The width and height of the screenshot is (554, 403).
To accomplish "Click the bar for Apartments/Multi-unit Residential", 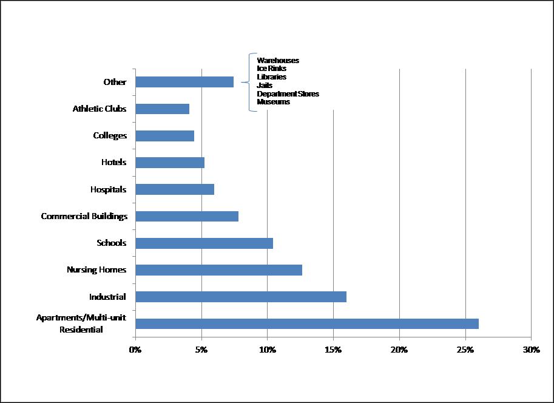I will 307,323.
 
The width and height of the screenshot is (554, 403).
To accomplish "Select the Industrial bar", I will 241,297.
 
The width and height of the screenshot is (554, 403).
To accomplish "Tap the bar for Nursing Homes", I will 218,270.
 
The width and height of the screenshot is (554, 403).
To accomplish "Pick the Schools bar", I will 204,243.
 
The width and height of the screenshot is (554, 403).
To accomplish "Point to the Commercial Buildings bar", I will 187,217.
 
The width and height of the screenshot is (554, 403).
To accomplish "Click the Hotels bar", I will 170,163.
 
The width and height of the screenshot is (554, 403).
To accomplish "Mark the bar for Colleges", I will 164,136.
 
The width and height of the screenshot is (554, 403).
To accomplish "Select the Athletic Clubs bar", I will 162,109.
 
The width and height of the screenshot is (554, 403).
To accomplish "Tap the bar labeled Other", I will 184,82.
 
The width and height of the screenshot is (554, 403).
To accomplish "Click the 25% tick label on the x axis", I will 465,350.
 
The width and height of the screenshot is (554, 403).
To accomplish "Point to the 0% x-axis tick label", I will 135,350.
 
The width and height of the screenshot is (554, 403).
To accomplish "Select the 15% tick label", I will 333,350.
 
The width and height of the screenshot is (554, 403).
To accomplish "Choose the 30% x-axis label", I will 531,350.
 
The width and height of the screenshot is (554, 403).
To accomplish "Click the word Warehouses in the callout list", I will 278,61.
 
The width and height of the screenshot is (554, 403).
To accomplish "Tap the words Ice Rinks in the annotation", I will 272,69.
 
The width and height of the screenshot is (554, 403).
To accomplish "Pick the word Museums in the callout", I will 273,102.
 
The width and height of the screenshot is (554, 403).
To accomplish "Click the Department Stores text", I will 288,94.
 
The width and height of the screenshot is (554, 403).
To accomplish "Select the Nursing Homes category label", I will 96,270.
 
